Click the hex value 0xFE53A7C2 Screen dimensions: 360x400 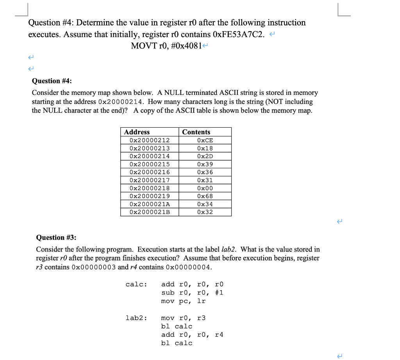239,34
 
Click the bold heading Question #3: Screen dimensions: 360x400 56,237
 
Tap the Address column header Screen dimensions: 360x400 137,132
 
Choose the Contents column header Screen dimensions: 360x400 196,132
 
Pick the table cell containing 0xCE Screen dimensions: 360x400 205,141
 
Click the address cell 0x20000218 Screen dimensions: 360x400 150,188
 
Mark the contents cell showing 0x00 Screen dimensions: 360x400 205,188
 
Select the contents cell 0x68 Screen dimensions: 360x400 205,196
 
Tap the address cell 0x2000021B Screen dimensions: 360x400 150,212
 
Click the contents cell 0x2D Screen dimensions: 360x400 205,156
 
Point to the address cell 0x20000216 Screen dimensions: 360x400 150,172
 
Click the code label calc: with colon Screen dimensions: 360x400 136,284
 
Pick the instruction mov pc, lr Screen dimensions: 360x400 183,301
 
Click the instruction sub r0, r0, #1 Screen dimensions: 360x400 192,292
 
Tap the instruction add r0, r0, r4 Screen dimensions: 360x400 192,335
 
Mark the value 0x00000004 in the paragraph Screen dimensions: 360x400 189,267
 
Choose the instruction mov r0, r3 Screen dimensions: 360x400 183,318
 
